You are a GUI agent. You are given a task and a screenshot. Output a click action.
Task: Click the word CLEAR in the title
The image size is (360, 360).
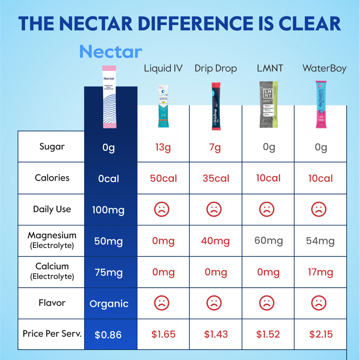click(310, 23)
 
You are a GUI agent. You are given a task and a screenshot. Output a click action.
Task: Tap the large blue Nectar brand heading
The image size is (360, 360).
click(111, 52)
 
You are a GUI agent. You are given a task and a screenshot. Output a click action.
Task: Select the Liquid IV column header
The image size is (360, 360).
click(163, 69)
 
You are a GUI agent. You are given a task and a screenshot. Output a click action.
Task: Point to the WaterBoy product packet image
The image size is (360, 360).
click(321, 104)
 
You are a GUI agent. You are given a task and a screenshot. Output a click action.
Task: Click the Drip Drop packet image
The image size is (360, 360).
click(216, 106)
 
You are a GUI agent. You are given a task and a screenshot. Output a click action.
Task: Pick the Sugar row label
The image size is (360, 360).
click(52, 147)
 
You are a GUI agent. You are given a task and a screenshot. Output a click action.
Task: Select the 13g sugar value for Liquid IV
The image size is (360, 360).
click(163, 147)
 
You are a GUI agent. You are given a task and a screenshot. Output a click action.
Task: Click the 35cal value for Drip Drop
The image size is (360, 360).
click(216, 178)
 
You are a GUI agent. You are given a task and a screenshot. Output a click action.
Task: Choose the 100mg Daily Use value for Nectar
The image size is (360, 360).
click(109, 210)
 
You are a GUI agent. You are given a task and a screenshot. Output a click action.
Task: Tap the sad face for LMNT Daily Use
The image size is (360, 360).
click(267, 209)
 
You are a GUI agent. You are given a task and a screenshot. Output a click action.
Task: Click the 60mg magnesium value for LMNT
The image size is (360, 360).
click(268, 241)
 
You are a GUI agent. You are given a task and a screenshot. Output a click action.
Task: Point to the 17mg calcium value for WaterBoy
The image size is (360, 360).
click(320, 272)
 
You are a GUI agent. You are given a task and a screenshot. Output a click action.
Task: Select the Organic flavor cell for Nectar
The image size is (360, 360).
click(109, 304)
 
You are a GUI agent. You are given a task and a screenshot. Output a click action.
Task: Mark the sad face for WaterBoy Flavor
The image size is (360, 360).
click(319, 303)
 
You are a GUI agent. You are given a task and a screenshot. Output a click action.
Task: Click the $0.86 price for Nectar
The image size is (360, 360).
click(108, 335)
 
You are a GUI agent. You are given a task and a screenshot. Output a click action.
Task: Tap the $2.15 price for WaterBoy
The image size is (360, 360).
click(321, 334)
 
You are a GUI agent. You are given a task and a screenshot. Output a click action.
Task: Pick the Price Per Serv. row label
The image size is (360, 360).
click(52, 334)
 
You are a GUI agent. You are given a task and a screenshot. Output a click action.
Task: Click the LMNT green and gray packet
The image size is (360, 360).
click(268, 104)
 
